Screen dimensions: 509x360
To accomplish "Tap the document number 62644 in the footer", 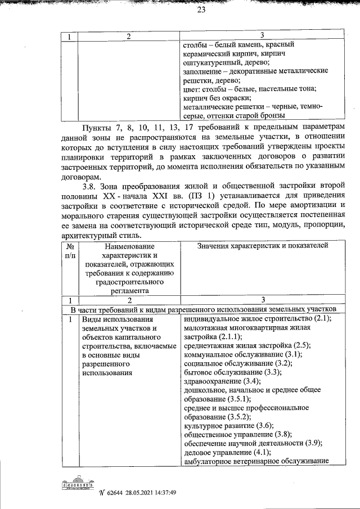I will coord(116,493).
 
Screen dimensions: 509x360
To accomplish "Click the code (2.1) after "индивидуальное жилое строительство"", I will coord(323,318).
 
